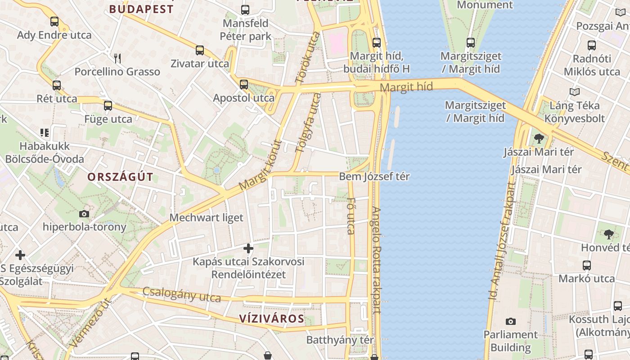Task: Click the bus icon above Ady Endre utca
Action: [x=54, y=21]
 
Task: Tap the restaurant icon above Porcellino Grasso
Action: [x=117, y=58]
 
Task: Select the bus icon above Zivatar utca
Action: [x=200, y=50]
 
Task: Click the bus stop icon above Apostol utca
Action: [x=244, y=84]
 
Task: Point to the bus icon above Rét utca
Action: [x=57, y=85]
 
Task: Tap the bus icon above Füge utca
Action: [x=108, y=106]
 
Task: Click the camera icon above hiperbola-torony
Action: [x=84, y=214]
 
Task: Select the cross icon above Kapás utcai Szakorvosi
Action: [x=248, y=248]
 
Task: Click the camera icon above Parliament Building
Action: [x=510, y=321]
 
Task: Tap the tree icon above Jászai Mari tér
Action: [x=539, y=138]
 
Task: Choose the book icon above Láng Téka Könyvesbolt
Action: [x=575, y=92]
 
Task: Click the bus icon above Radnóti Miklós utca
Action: [x=592, y=45]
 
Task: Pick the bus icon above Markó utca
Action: [x=586, y=265]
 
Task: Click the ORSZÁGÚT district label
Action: [x=120, y=177]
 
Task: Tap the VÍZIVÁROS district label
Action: [x=271, y=319]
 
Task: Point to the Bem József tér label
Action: [x=374, y=176]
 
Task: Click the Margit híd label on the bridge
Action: [x=406, y=86]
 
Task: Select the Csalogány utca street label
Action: [x=182, y=294]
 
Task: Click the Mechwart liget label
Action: [x=206, y=218]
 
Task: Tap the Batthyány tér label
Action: [x=340, y=340]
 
